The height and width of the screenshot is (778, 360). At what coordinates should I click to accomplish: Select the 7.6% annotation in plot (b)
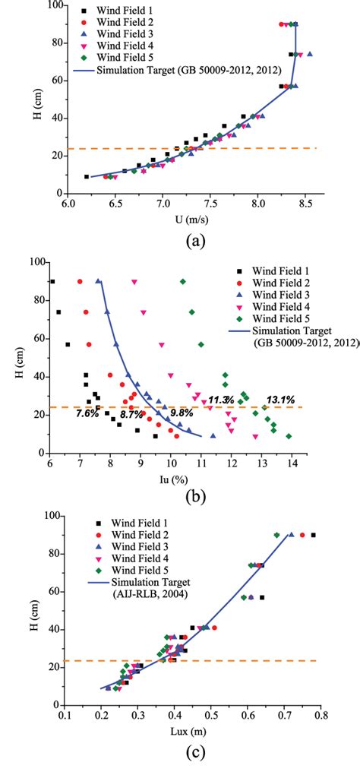[x=88, y=413]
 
